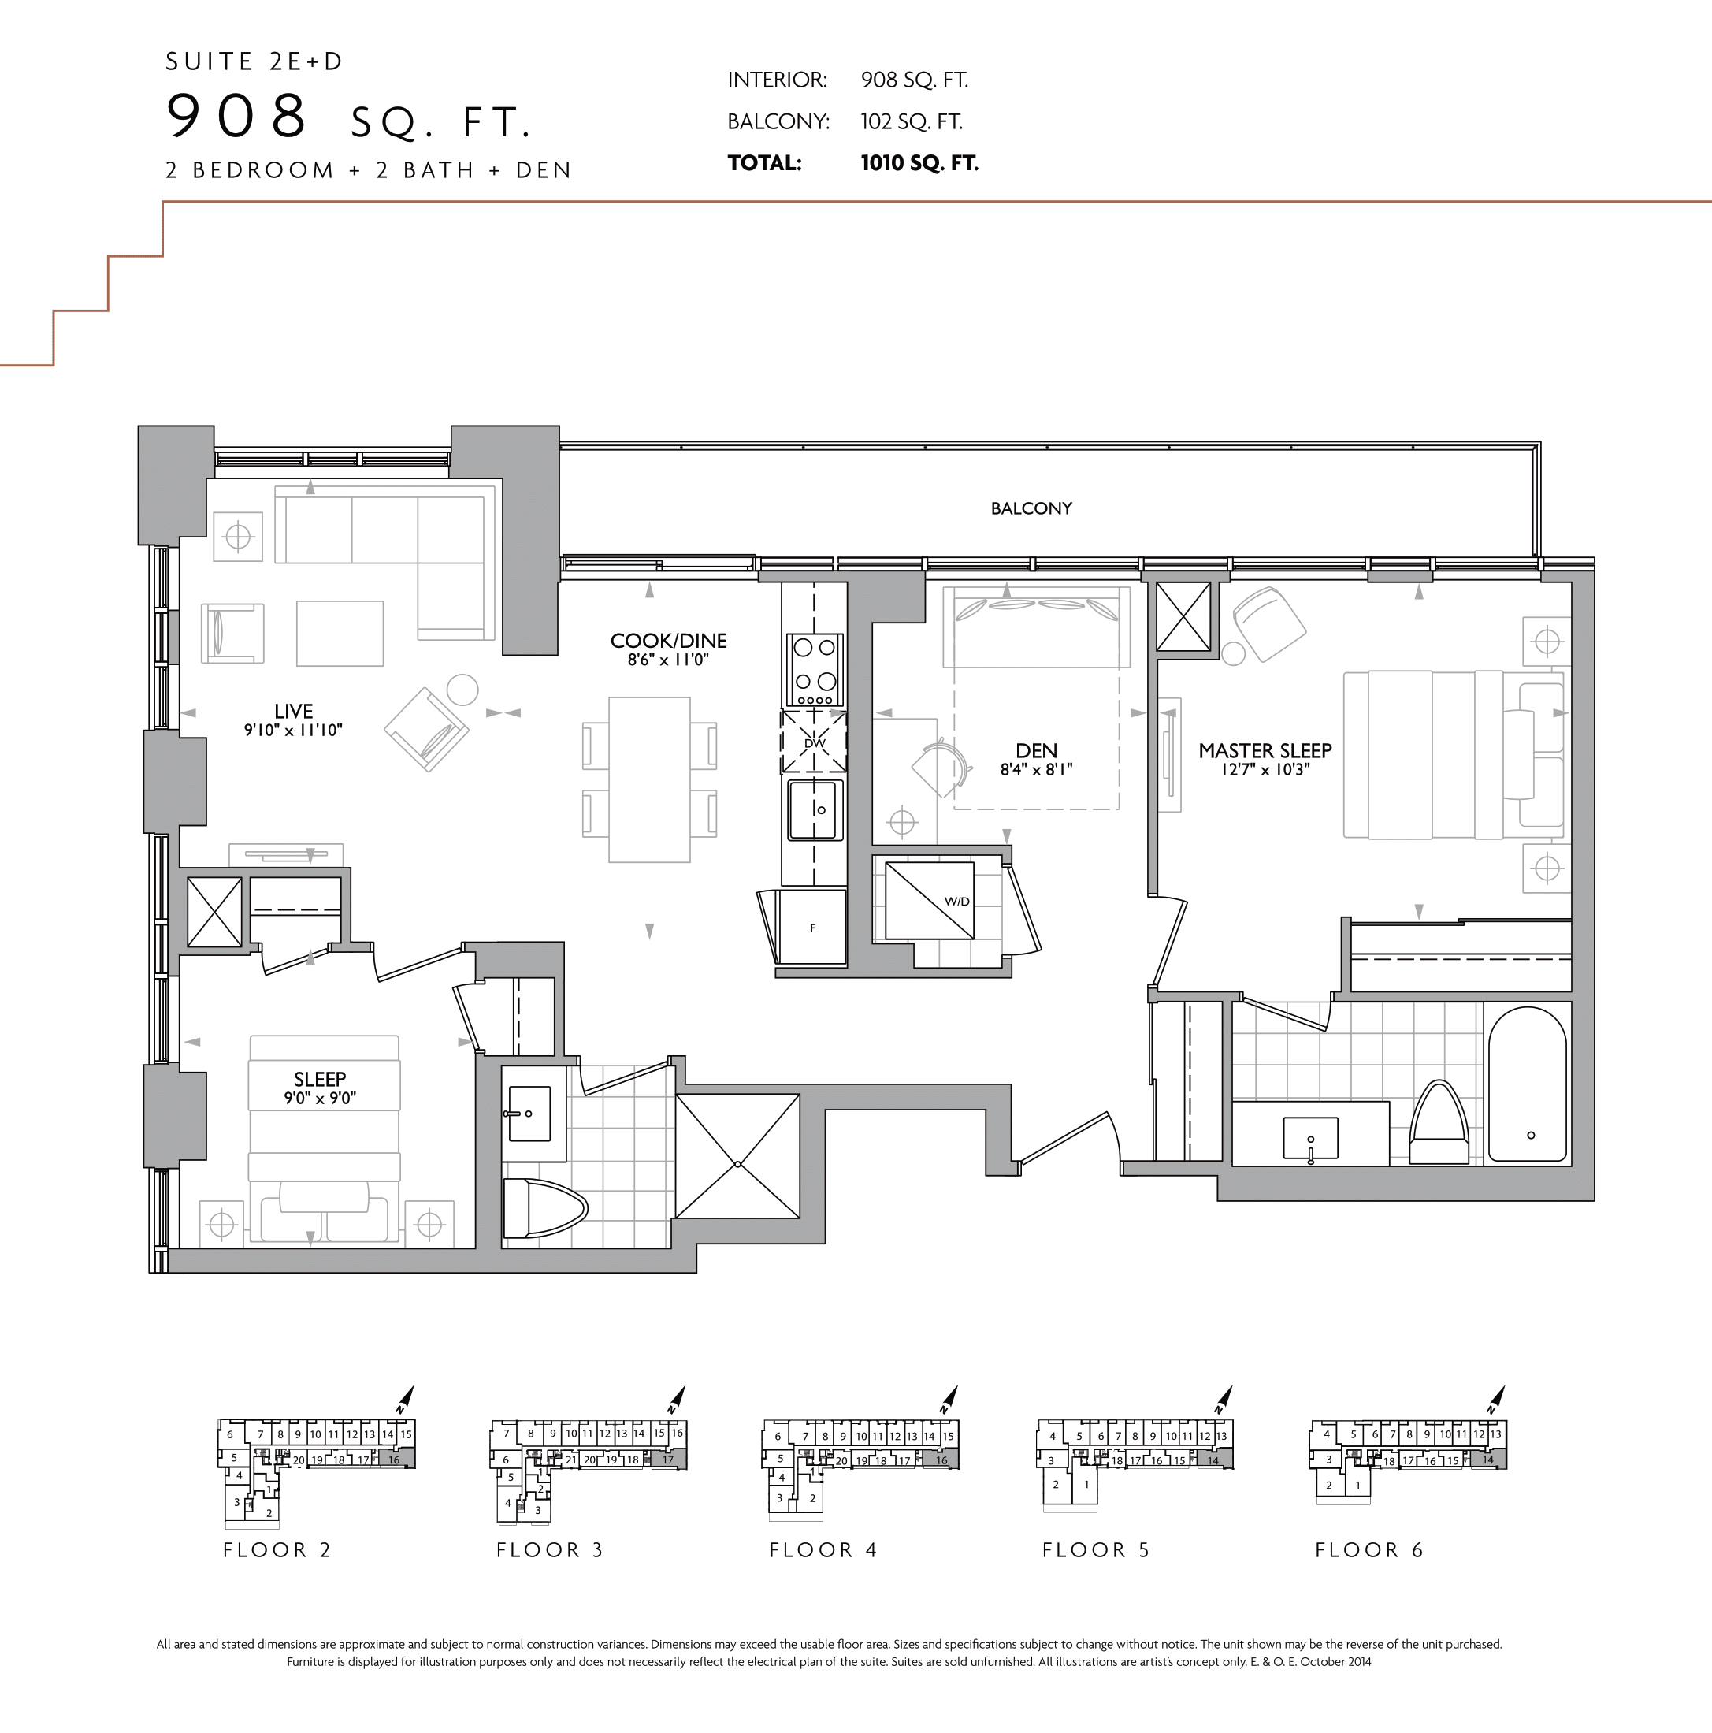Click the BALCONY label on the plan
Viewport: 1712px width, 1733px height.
click(1031, 508)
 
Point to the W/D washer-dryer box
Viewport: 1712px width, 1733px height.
click(929, 901)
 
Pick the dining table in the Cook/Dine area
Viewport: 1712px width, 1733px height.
click(649, 779)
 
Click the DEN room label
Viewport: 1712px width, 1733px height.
click(1036, 751)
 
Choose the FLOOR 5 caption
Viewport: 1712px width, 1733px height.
click(1095, 1550)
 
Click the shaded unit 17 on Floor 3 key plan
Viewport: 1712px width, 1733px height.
click(668, 1460)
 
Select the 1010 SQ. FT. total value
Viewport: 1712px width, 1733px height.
click(919, 163)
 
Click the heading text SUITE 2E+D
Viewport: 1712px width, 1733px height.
click(254, 62)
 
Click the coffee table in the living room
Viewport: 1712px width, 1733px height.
click(340, 634)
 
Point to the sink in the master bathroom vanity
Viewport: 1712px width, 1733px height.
click(1310, 1137)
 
